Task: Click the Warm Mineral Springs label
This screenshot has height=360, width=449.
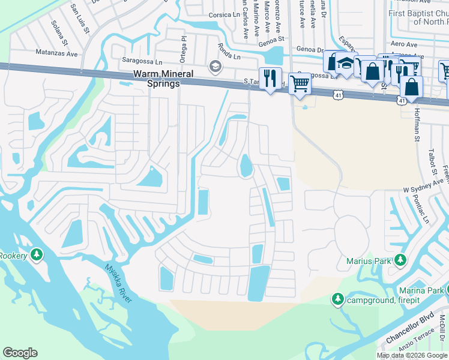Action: (x=163, y=79)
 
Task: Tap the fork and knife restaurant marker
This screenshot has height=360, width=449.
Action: (x=271, y=78)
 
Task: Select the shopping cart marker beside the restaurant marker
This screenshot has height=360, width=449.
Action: (x=299, y=84)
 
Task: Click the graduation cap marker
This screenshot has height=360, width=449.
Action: (x=345, y=63)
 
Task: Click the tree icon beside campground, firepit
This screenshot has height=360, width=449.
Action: (x=337, y=299)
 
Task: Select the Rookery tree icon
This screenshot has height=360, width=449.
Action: (x=37, y=256)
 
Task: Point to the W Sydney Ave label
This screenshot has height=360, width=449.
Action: (x=424, y=185)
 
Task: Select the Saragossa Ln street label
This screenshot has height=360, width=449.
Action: (x=142, y=61)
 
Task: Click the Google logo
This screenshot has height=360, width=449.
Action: (x=20, y=353)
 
